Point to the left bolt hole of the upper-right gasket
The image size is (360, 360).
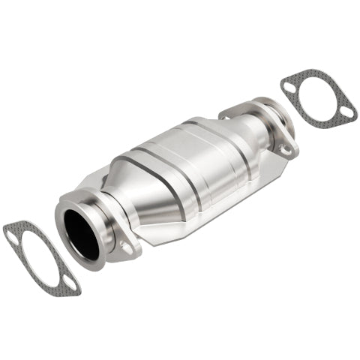coord(289,87)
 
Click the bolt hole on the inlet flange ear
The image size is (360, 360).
coord(124,245)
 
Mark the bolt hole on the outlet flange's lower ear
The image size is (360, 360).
coord(285,149)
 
